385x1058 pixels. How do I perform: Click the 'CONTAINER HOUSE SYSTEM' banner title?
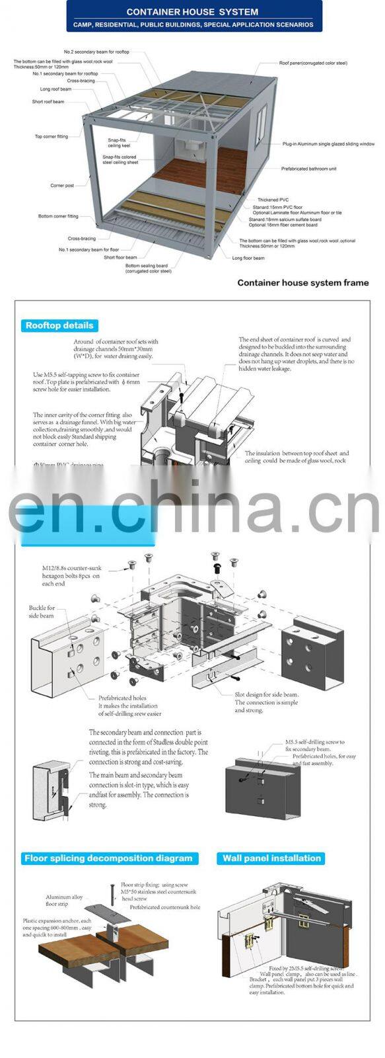(x=192, y=12)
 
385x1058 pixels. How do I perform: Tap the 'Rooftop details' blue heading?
(x=59, y=325)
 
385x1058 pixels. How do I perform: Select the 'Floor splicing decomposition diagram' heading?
(x=109, y=858)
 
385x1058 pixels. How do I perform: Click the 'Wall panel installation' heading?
(x=271, y=858)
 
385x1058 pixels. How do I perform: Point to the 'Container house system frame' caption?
(x=302, y=283)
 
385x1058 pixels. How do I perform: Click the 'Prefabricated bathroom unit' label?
(x=308, y=169)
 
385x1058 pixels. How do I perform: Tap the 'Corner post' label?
(x=62, y=186)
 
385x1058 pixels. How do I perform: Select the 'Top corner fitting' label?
(x=52, y=137)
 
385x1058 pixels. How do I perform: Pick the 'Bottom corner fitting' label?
(x=58, y=216)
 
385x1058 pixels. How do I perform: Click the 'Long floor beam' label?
(x=248, y=258)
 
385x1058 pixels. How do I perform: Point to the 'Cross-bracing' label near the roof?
(x=81, y=81)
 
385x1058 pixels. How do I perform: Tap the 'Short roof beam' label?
(x=48, y=102)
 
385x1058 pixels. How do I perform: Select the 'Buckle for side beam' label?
(x=42, y=612)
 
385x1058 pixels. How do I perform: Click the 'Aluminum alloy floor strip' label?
(x=64, y=900)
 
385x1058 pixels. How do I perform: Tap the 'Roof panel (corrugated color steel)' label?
(x=312, y=63)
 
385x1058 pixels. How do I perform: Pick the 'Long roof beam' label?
(x=55, y=89)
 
